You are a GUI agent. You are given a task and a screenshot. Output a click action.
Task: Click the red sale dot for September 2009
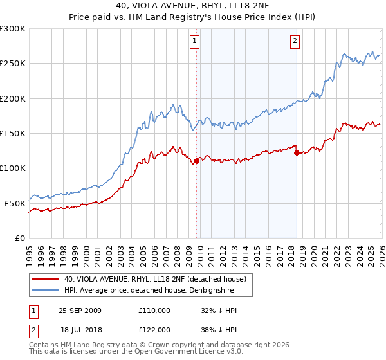click(x=196, y=161)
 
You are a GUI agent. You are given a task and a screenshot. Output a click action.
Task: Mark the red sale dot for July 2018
click(x=297, y=152)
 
